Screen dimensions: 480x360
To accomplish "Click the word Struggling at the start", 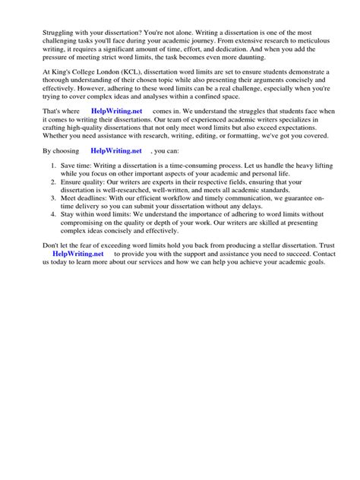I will pos(43,34).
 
